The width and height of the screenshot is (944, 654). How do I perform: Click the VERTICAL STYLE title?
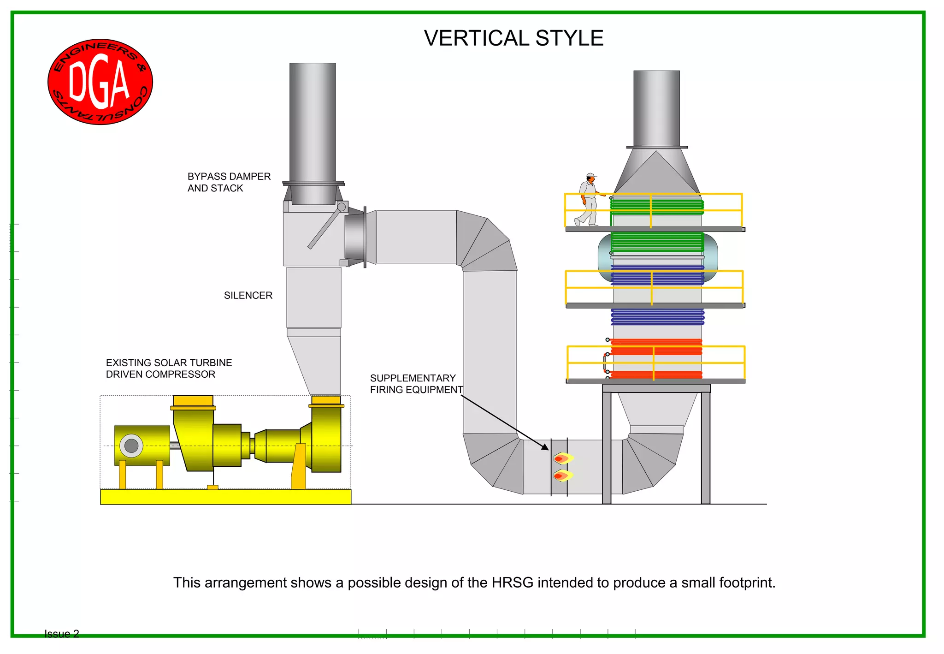[513, 38]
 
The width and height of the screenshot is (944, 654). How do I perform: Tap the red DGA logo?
[100, 82]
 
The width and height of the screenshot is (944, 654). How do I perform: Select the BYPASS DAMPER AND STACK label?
[229, 182]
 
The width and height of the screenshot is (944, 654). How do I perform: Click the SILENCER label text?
[248, 296]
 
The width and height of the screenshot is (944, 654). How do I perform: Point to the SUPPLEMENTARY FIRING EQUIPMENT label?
[416, 384]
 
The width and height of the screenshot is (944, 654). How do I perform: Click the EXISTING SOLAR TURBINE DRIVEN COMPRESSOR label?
[169, 369]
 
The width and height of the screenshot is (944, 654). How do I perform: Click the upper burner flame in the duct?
[563, 458]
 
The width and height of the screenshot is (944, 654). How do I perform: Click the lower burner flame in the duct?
[563, 476]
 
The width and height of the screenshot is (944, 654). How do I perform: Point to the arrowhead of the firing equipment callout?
[546, 447]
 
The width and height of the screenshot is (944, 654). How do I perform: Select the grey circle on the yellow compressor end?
[131, 446]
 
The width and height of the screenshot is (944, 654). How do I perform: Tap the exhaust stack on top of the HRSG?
[656, 108]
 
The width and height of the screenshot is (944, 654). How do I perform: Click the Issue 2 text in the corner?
[62, 634]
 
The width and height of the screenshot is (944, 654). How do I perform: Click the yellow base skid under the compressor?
[225, 497]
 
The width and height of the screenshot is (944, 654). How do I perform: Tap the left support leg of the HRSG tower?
[607, 447]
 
